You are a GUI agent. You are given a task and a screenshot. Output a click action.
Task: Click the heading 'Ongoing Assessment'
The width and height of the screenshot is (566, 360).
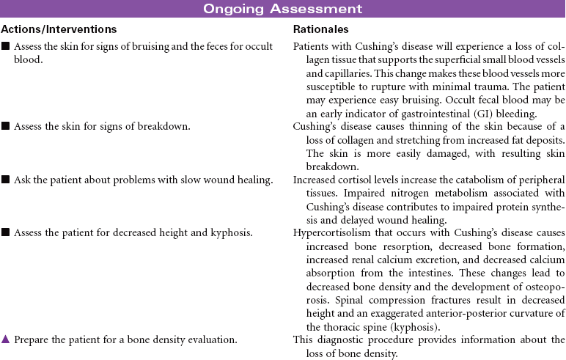[x=282, y=9]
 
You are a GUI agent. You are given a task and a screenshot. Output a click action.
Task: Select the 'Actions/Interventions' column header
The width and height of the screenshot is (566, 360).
[x=59, y=29]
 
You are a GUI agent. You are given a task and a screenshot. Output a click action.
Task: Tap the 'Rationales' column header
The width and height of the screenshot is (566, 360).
[x=320, y=29]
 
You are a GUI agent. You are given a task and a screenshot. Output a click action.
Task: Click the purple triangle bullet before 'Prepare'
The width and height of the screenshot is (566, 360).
[x=5, y=339]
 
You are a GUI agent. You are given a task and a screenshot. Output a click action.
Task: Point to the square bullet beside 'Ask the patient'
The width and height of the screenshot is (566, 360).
[x=5, y=180]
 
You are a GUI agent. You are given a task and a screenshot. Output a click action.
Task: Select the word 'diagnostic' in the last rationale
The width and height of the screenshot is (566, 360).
[x=338, y=339]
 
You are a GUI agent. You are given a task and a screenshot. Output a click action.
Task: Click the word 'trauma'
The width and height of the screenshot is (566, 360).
[x=474, y=87]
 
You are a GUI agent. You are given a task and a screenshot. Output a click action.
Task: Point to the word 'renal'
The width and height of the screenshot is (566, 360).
[x=354, y=259]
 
